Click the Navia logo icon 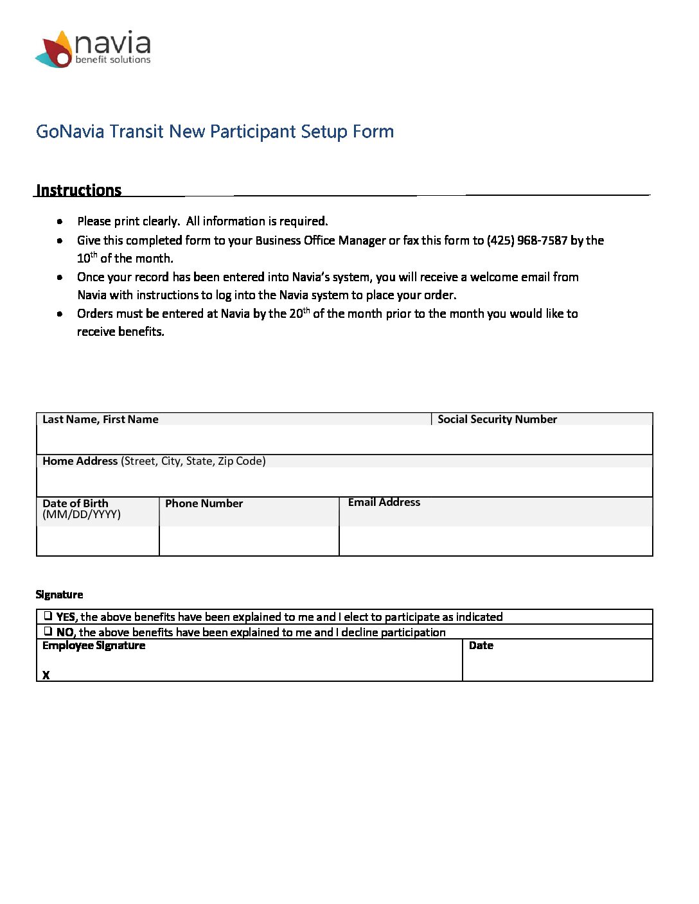(55, 49)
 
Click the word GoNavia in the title (69, 132)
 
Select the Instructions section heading (79, 190)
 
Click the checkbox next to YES (48, 616)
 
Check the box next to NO (48, 631)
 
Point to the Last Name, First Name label (100, 419)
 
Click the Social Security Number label (497, 419)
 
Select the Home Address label (80, 461)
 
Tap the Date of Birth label (75, 503)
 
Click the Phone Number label (204, 503)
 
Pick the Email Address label (384, 502)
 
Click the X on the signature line (46, 675)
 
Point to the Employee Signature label (94, 645)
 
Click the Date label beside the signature (481, 645)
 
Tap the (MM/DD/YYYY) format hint (82, 514)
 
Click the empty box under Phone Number (249, 541)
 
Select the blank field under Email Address (495, 541)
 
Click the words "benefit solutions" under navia (113, 60)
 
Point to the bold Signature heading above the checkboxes (60, 595)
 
